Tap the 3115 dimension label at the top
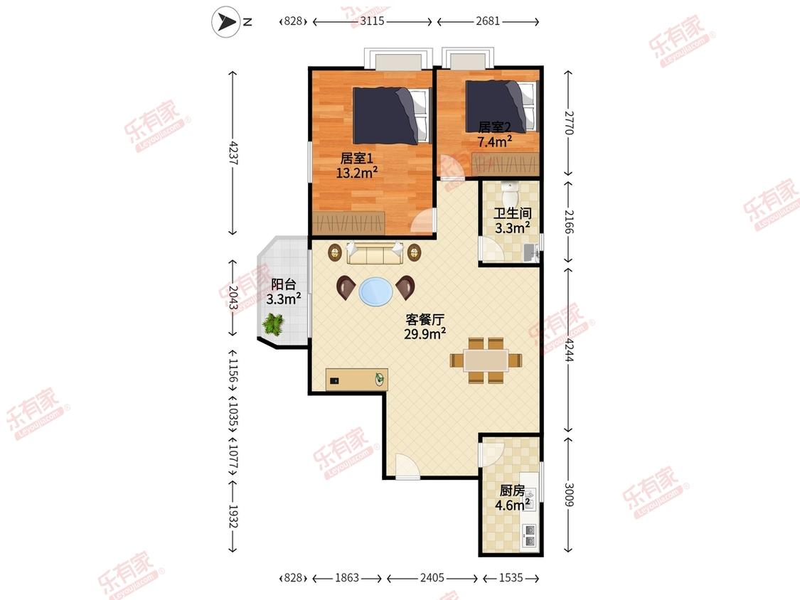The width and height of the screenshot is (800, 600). pos(372,21)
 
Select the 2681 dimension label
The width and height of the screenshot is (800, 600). pos(488,21)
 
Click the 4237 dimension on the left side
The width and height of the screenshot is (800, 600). pos(233,153)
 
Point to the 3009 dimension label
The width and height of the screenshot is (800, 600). pos(569,494)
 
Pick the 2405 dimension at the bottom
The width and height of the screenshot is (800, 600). pos(432,577)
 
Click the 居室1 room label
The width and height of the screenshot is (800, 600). pos(357,159)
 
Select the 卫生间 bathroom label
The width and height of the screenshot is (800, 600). pos(512,213)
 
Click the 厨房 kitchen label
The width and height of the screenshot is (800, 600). pos(512,491)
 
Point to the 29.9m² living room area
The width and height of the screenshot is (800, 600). pos(425,333)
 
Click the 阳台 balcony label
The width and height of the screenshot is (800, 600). pos(283,284)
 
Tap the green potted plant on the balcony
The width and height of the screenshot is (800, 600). pos(274,324)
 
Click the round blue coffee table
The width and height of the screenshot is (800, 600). pos(376,292)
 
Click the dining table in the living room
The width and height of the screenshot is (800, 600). pos(486,360)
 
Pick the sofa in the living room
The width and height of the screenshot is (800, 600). pos(375,253)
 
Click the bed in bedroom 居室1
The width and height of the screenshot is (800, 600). pos(392,115)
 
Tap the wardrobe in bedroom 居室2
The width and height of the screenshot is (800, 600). pos(505,165)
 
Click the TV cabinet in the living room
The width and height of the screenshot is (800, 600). pos(357,379)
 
